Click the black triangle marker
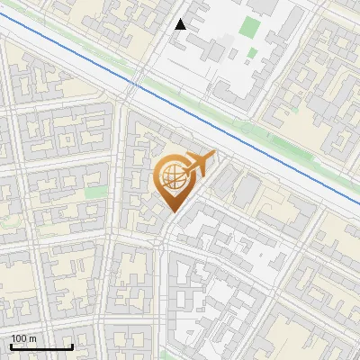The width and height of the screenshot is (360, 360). click(x=181, y=24)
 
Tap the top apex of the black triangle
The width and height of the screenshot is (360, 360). click(x=181, y=19)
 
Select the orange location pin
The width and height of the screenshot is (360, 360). click(x=172, y=180)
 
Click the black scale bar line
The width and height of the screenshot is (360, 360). click(x=41, y=346)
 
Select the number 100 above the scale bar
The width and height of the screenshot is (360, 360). click(x=19, y=338)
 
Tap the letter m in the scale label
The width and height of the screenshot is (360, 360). click(x=32, y=338)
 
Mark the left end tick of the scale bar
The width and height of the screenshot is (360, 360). click(x=11, y=345)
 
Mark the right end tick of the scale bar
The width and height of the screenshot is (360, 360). click(x=72, y=345)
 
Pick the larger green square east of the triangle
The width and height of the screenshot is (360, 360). click(x=249, y=27)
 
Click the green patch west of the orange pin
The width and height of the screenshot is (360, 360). click(x=94, y=192)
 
